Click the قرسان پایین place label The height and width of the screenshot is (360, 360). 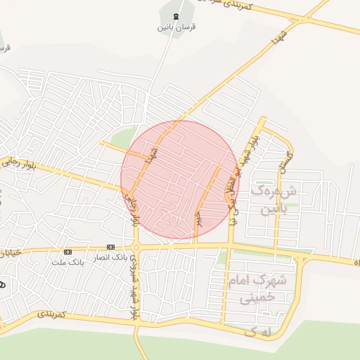click(x=174, y=27)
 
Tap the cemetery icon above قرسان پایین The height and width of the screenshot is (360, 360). click(x=174, y=15)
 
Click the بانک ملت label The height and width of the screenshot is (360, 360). click(x=67, y=262)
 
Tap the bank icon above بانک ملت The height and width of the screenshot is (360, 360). click(x=67, y=251)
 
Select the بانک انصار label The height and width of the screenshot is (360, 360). click(x=110, y=257)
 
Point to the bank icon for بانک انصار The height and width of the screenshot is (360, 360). click(x=110, y=247)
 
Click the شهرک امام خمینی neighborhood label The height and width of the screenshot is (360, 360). click(x=257, y=289)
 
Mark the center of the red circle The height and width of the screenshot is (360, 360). click(x=180, y=180)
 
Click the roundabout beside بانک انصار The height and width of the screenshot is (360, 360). click(x=138, y=247)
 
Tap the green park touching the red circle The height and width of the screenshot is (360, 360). click(x=125, y=138)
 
